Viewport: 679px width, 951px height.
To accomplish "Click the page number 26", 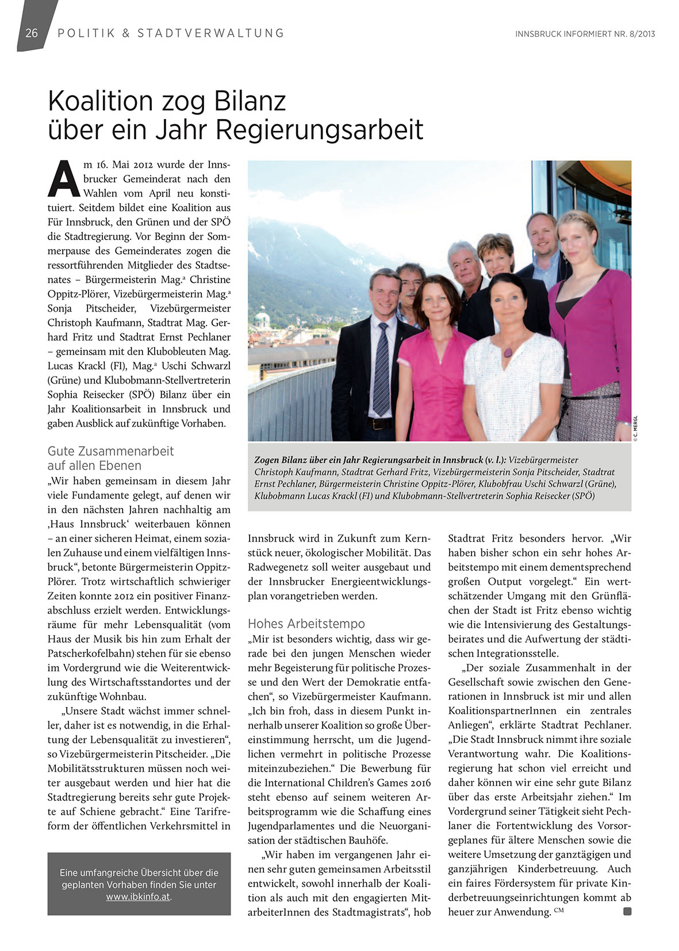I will click(x=32, y=33).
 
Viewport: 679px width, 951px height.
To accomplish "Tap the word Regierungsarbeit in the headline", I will click(x=319, y=130).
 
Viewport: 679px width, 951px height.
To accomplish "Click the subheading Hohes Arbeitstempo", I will click(x=306, y=623).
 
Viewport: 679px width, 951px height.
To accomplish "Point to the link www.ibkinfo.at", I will click(x=138, y=896).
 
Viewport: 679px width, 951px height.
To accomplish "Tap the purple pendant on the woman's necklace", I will click(x=508, y=352).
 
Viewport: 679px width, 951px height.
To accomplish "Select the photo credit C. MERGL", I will click(x=636, y=428).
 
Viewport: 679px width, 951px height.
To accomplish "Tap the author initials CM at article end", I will click(x=559, y=909).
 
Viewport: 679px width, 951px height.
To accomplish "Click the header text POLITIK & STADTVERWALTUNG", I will click(x=171, y=33).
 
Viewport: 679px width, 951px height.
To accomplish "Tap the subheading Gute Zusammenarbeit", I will click(x=110, y=451).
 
